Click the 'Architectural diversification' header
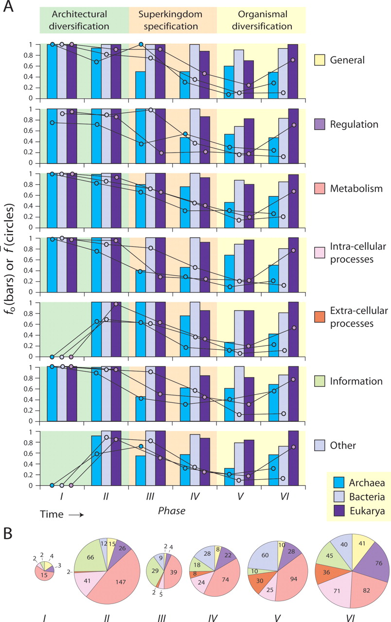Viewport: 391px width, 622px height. click(84, 20)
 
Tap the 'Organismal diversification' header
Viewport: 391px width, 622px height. click(261, 20)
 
